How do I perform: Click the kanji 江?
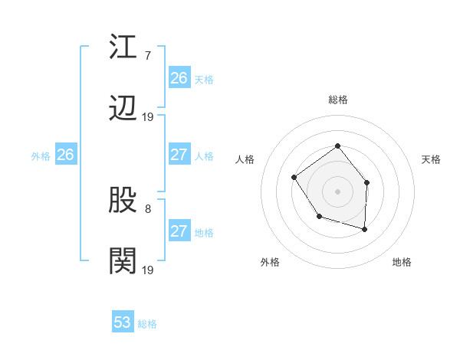[123, 47]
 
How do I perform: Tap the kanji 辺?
[123, 109]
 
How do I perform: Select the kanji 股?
[123, 201]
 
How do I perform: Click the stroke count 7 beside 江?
[147, 55]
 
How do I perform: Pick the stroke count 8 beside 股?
[147, 208]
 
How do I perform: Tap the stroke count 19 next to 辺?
[148, 117]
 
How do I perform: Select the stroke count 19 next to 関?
[148, 270]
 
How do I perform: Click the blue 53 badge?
[123, 322]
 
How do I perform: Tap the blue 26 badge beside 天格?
[179, 78]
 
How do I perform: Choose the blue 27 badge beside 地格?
[179, 231]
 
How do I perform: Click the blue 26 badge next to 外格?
[65, 155]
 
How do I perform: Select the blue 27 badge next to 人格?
[179, 155]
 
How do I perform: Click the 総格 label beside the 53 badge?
[147, 324]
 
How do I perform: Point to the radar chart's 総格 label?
[337, 100]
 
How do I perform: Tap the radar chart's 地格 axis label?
[402, 262]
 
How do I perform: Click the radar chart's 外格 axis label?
[270, 262]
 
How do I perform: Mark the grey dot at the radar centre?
[337, 191]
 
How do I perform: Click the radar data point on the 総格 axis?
[337, 146]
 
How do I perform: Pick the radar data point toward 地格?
[364, 229]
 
